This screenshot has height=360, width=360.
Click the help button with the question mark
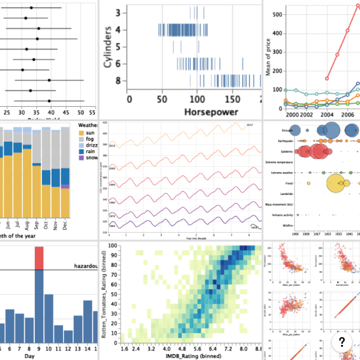tap(341, 343)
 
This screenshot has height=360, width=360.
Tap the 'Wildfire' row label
tap(282, 226)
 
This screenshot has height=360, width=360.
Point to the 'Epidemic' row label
tap(281, 152)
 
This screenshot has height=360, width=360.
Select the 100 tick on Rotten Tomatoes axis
tap(113, 246)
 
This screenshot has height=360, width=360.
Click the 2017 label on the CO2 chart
tap(250, 125)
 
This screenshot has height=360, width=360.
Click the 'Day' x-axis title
tap(39, 356)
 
